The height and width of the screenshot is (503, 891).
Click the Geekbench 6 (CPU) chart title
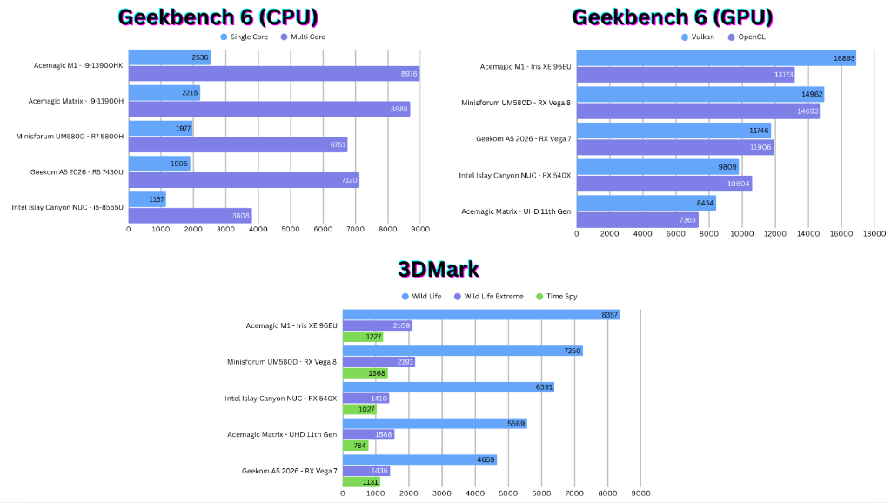tap(218, 17)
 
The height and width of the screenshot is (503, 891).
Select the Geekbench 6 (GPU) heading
tap(672, 17)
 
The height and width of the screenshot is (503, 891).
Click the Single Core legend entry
tap(246, 37)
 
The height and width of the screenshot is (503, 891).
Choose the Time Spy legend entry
tap(557, 297)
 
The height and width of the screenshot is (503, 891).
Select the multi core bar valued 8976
tap(273, 74)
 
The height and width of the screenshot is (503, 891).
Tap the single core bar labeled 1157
tap(146, 199)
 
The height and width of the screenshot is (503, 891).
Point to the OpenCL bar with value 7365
tap(637, 220)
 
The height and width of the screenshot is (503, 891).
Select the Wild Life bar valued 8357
tap(480, 314)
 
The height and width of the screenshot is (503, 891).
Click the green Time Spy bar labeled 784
tap(355, 446)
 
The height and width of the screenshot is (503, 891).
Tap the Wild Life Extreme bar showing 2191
tap(379, 361)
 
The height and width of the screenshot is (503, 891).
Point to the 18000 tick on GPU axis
tap(874, 234)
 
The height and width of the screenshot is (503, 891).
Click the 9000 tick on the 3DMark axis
tap(640, 493)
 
